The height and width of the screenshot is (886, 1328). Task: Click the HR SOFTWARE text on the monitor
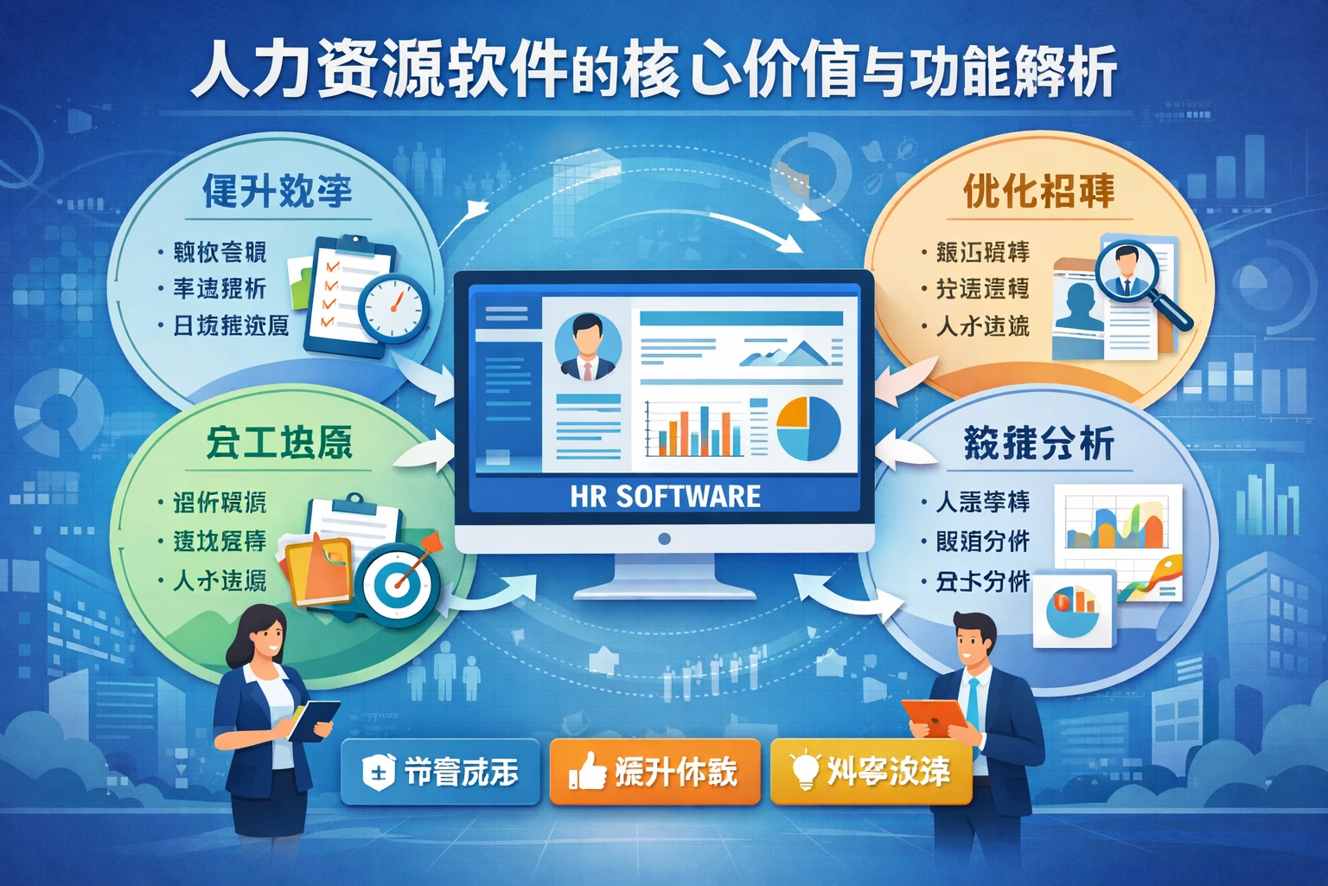[x=665, y=496]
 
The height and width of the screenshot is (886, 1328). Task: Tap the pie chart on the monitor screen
[x=808, y=428]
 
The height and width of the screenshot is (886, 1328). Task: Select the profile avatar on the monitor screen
[x=588, y=347]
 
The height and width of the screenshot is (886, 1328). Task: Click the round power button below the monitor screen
[x=664, y=538]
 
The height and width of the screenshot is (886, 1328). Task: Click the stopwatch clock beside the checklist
[x=394, y=308]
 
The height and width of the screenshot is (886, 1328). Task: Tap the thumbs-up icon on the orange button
[x=587, y=770]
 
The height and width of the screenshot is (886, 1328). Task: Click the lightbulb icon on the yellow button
[x=804, y=768]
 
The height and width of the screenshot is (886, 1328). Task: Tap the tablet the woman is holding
[x=313, y=719]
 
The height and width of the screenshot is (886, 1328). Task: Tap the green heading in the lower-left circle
[x=278, y=443]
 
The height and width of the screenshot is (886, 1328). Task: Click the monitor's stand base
[x=664, y=590]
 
